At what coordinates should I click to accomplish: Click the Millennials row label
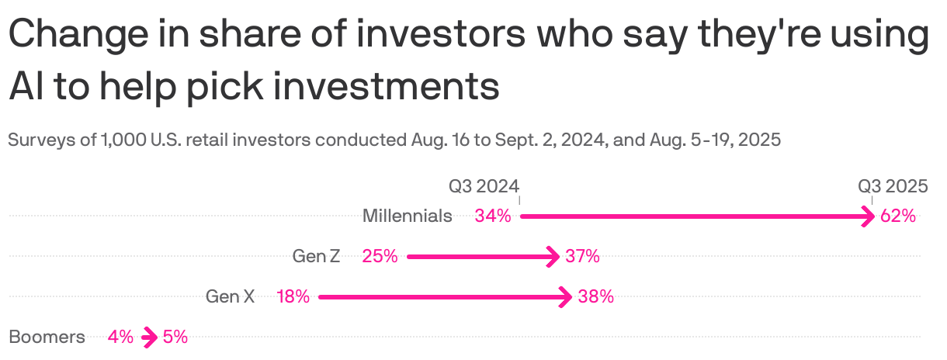coord(407,216)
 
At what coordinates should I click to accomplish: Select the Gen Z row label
coord(316,256)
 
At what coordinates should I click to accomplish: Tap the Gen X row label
coord(230,296)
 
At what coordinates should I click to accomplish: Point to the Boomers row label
coord(47,337)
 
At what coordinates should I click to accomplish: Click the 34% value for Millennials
coord(493,216)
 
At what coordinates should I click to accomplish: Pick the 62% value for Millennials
coord(898,216)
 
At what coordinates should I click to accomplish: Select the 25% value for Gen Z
coord(380,256)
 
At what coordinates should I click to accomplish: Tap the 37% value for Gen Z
coord(582,256)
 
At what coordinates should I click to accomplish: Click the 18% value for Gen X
coord(293,296)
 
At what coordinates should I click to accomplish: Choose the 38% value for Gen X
coord(596,296)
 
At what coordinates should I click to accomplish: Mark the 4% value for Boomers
coord(120,337)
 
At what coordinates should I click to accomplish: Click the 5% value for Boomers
coord(175,337)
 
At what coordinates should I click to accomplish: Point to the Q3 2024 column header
coord(484,186)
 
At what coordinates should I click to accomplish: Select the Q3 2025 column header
coord(893,186)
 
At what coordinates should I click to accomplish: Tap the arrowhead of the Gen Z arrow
coord(553,256)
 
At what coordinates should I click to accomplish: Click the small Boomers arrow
coord(148,337)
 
